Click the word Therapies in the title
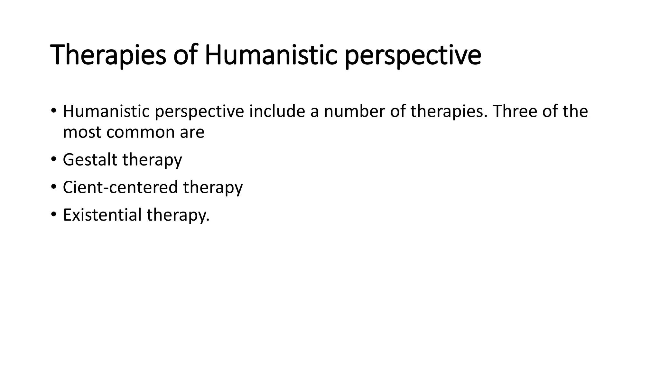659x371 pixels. pyautogui.click(x=108, y=55)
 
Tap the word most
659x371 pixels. pyautogui.click(x=82, y=132)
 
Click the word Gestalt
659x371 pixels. pyautogui.click(x=90, y=160)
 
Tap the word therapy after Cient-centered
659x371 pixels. pyautogui.click(x=213, y=188)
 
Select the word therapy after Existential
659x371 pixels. pyautogui.click(x=178, y=215)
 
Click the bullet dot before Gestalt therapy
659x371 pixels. pyautogui.click(x=53, y=159)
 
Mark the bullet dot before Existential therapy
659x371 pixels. pyautogui.click(x=53, y=214)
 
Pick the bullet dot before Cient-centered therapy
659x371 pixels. pyautogui.click(x=53, y=186)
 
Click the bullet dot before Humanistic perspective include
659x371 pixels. pyautogui.click(x=53, y=110)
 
